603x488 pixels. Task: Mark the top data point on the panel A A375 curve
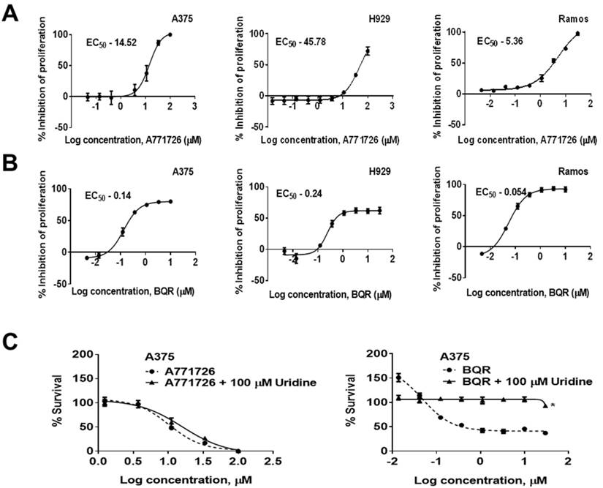coord(170,34)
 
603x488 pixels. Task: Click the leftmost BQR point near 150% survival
coord(399,378)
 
